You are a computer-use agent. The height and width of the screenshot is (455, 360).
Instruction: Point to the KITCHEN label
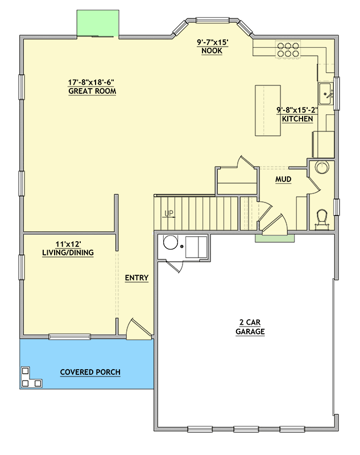point(297,119)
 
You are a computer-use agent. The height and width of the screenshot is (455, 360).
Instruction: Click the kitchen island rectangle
point(268,110)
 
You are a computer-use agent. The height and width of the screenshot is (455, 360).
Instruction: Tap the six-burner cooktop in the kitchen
point(288,49)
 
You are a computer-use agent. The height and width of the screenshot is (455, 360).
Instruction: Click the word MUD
point(283,179)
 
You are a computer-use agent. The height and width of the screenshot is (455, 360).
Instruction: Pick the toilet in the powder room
point(322,218)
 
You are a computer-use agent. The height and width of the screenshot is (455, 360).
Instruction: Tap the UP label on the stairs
point(169,214)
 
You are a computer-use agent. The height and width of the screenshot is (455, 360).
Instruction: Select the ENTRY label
point(136,278)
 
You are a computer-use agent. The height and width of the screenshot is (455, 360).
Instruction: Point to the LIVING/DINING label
point(68,253)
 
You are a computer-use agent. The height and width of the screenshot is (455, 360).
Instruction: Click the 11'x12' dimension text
point(68,244)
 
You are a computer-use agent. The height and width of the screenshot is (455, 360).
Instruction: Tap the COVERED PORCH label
point(90,373)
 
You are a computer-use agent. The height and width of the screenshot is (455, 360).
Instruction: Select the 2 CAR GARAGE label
point(250,326)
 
